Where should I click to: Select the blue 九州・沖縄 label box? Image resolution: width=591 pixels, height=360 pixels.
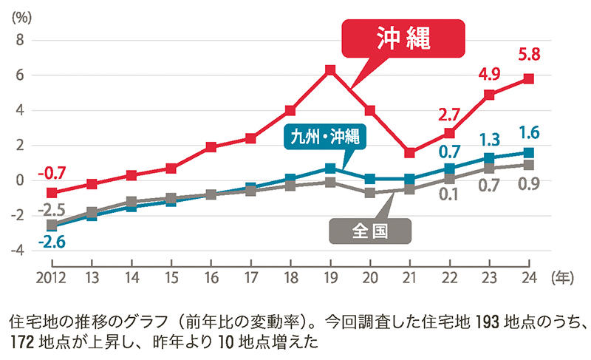[x=325, y=137]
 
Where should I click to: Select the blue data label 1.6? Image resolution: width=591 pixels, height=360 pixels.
[x=529, y=133]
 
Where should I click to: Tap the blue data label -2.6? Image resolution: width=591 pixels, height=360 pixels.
[x=51, y=241]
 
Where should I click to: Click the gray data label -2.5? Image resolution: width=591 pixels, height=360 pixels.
[x=51, y=209]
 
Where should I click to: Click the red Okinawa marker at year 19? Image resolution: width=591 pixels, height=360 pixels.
[x=330, y=70]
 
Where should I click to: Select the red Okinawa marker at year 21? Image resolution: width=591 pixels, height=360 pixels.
[x=410, y=153]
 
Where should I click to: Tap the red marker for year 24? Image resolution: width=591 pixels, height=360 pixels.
[x=529, y=78]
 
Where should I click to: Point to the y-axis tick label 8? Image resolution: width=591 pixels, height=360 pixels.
[x=20, y=40]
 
